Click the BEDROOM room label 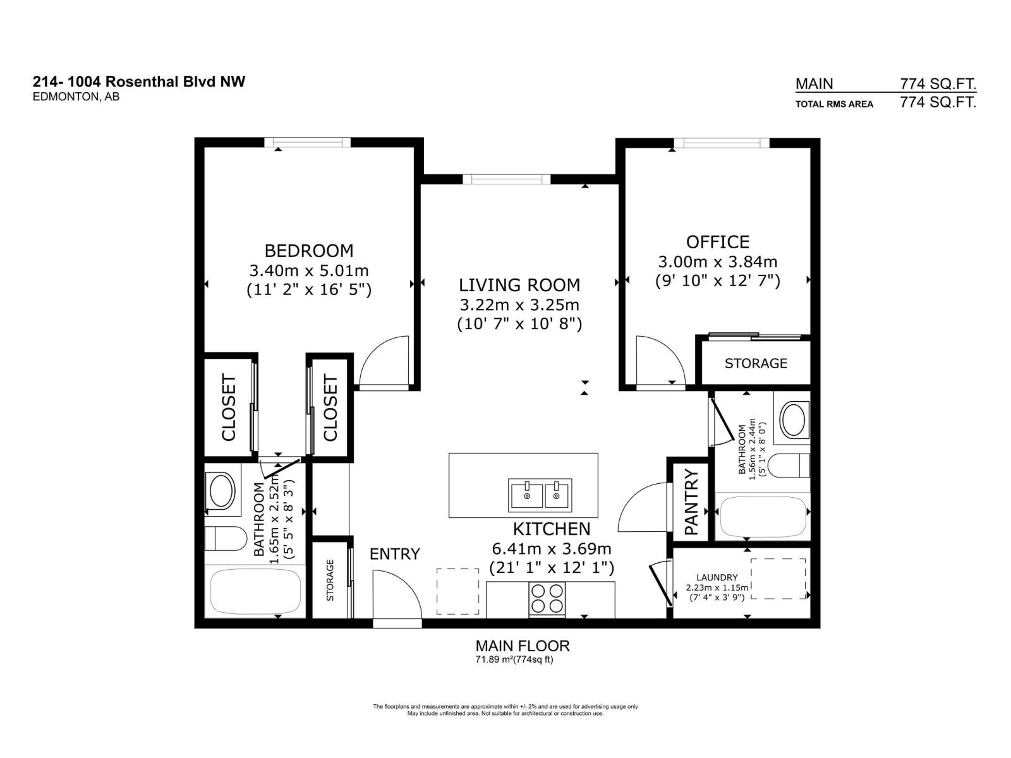(308, 251)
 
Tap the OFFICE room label (718, 242)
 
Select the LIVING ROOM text (519, 285)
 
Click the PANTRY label (691, 502)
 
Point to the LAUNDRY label (717, 577)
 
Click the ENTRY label (394, 554)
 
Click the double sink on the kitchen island (540, 495)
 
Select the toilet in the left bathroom (226, 539)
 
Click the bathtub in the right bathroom (762, 517)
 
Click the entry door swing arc (396, 594)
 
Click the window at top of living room (506, 179)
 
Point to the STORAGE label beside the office (756, 363)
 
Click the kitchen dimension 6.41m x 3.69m (551, 548)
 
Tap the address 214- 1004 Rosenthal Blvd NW (139, 81)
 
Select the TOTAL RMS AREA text (833, 104)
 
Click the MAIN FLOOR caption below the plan (522, 646)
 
